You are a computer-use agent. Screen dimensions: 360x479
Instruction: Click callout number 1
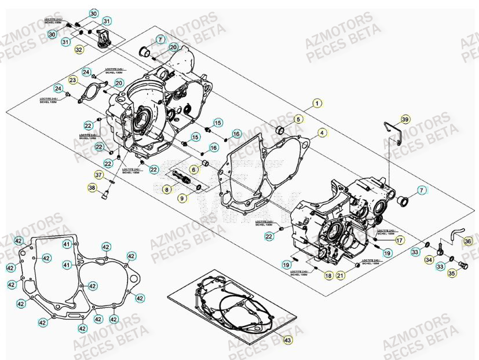point(316,104)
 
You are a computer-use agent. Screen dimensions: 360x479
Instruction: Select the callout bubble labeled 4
point(321,132)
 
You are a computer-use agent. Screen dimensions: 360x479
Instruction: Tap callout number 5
point(298,119)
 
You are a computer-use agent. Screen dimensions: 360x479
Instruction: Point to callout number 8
point(166,189)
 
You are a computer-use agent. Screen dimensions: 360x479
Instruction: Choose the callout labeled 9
point(182,199)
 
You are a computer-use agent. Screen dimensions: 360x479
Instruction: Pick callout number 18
point(328,277)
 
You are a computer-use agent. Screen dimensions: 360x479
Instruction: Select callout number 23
point(73,80)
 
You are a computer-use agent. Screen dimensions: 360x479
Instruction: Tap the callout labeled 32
point(79,50)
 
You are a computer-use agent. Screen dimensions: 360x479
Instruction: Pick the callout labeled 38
point(92,187)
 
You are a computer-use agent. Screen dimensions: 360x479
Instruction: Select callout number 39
point(405,119)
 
